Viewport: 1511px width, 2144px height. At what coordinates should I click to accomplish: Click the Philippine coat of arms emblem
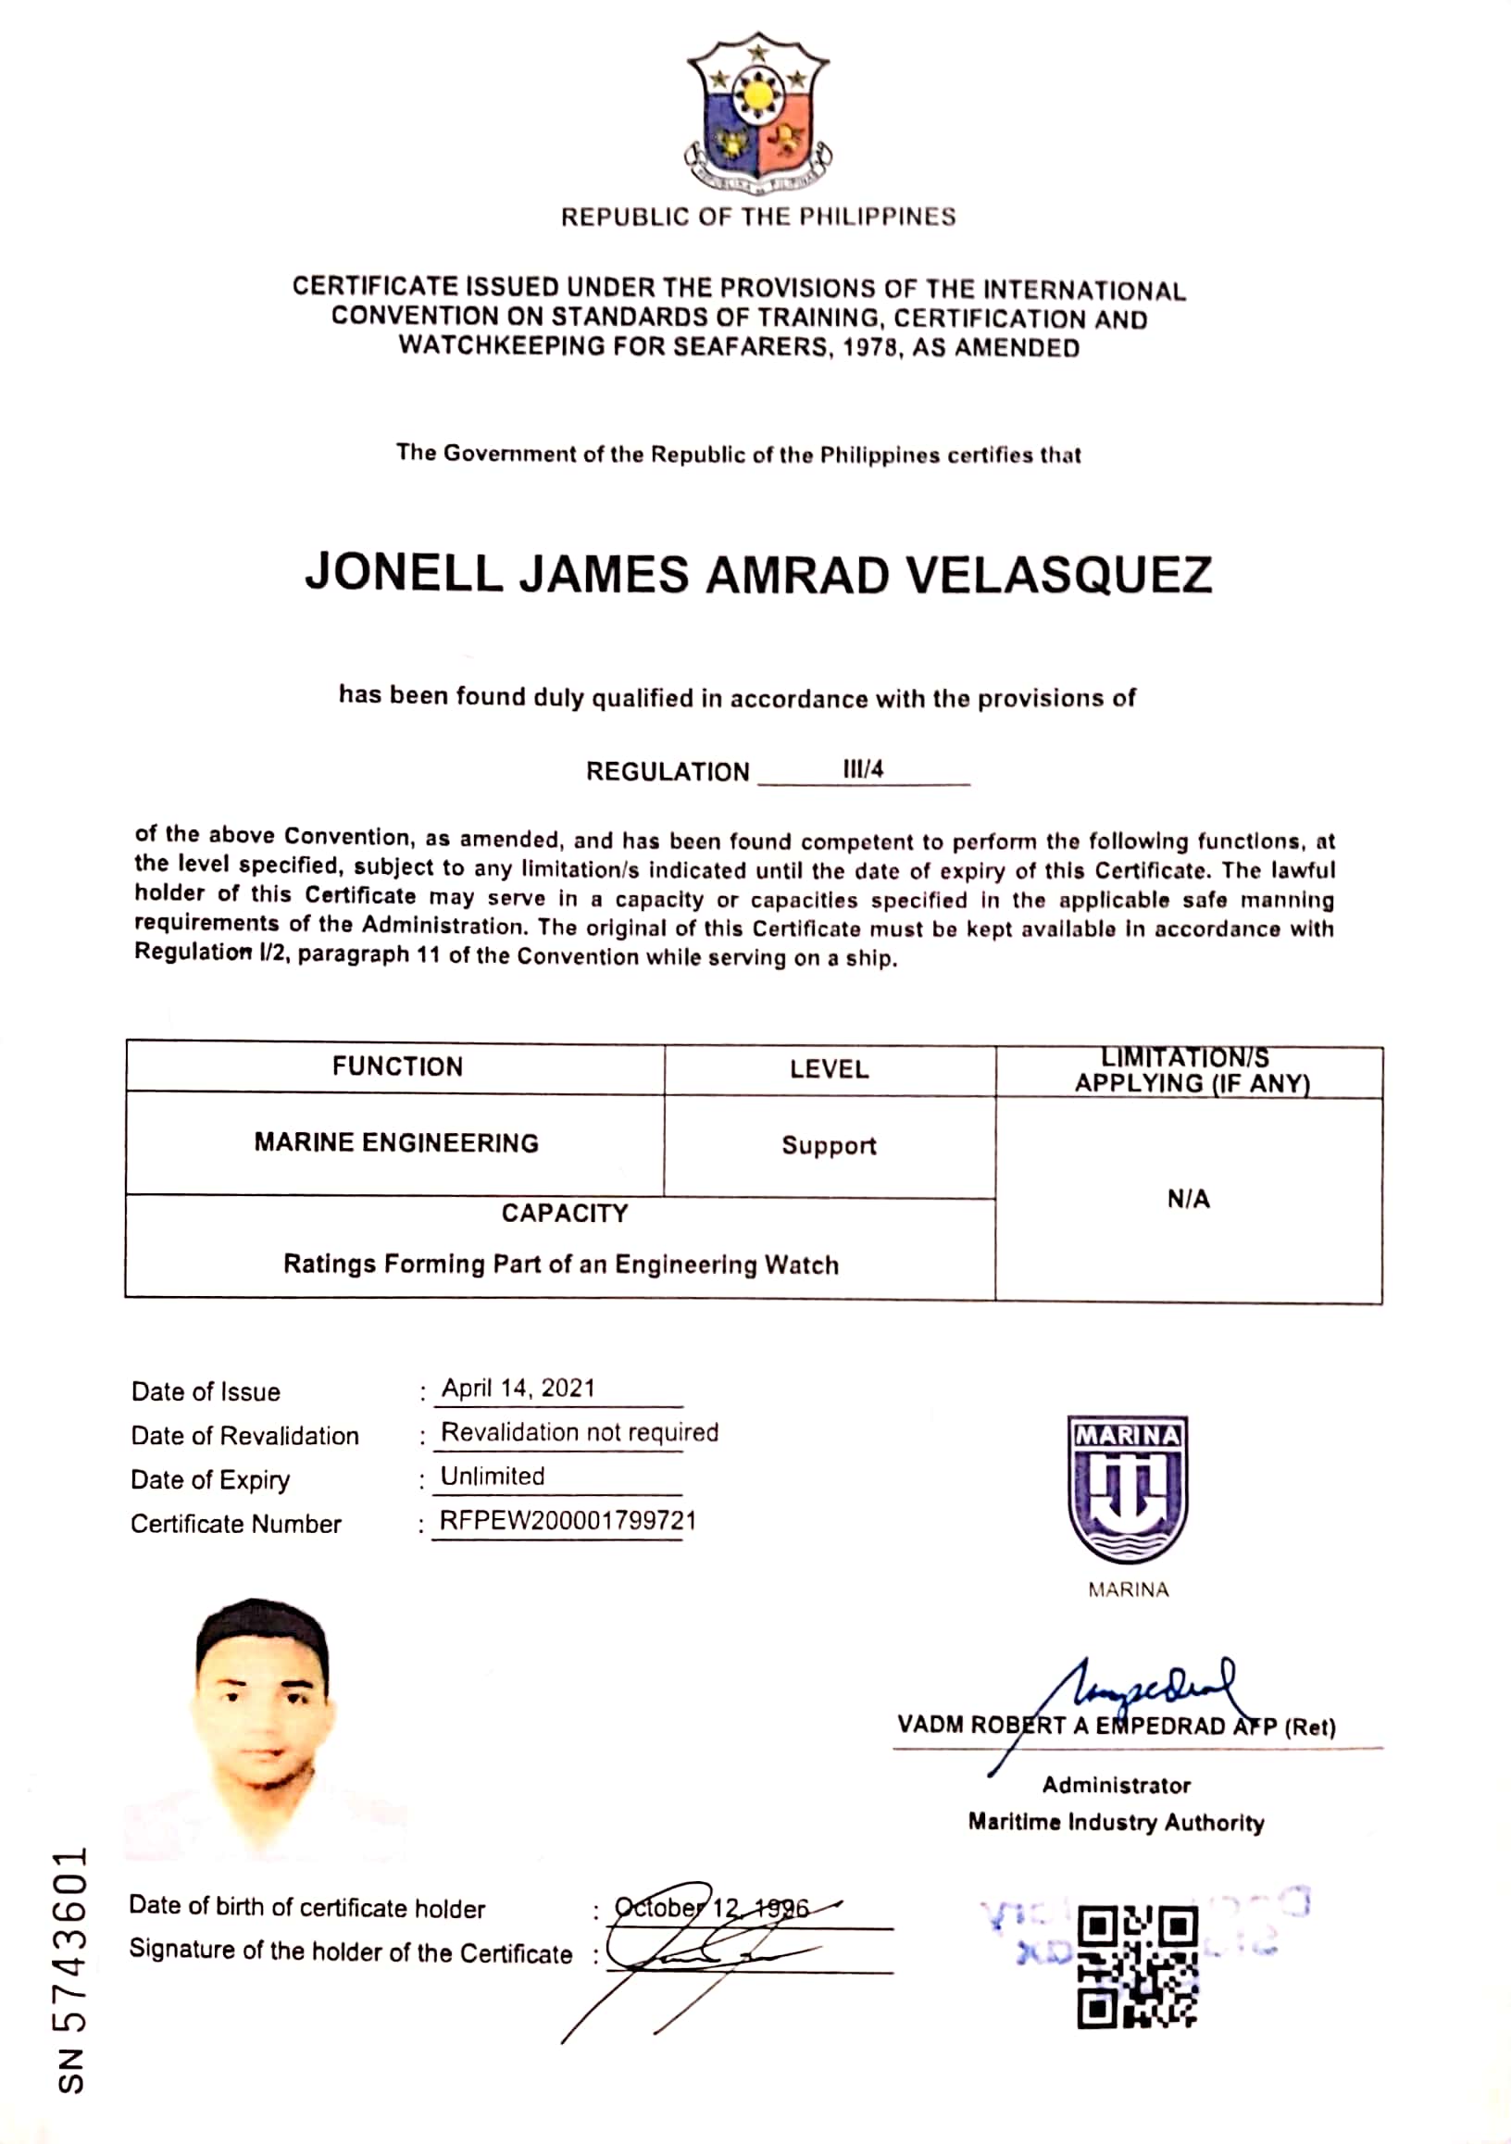(x=757, y=112)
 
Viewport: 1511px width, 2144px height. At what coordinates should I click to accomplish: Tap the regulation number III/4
(x=863, y=769)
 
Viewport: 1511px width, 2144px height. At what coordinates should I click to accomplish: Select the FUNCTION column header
(x=397, y=1066)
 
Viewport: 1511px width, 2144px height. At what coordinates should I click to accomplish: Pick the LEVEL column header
(x=830, y=1069)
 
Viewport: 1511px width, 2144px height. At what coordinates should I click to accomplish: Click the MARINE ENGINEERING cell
(x=396, y=1143)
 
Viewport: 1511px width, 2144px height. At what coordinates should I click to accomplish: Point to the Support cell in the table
(x=830, y=1146)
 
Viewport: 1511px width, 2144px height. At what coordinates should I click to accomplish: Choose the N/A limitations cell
(x=1188, y=1199)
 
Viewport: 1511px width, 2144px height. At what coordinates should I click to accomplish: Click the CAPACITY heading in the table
(x=565, y=1213)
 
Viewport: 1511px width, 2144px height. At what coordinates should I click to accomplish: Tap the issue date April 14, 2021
(x=518, y=1389)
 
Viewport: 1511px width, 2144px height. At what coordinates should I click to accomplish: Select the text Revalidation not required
(x=579, y=1432)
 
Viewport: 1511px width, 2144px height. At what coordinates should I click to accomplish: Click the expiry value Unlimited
(x=493, y=1477)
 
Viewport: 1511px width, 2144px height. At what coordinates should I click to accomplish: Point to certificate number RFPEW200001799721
(x=568, y=1520)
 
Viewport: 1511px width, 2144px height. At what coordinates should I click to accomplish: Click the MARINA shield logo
(x=1127, y=1490)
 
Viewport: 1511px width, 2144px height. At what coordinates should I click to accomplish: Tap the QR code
(x=1137, y=1966)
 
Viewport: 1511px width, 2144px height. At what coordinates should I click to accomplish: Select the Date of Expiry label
(x=210, y=1480)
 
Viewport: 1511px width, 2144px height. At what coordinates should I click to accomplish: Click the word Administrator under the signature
(x=1116, y=1786)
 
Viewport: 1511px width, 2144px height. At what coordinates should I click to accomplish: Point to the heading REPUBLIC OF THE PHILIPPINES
(x=757, y=217)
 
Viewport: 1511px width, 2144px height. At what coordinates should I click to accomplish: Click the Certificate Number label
(x=235, y=1524)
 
